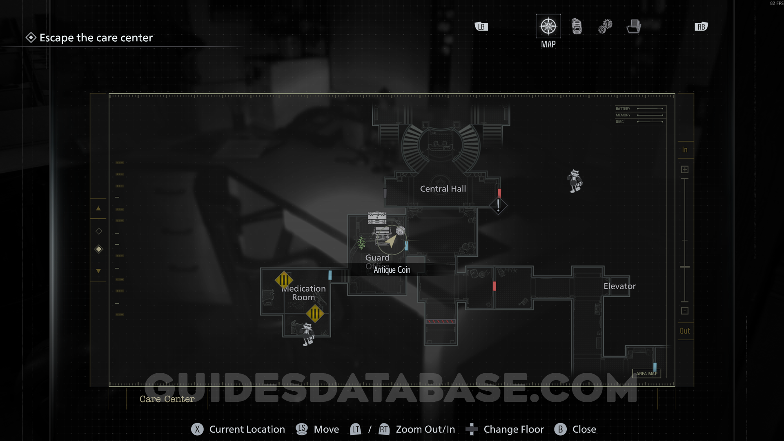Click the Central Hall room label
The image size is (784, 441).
point(443,189)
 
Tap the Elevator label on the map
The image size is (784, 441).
point(619,286)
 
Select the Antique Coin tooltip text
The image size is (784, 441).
point(392,270)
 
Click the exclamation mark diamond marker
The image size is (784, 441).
point(498,205)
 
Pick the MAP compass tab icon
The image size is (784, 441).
point(548,27)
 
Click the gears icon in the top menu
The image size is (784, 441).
point(605,27)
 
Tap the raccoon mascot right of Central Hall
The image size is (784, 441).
point(575,181)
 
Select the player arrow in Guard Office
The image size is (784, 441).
point(391,241)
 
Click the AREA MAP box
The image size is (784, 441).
point(647,373)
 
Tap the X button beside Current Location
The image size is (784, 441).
point(197,429)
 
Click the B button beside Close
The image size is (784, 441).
point(560,429)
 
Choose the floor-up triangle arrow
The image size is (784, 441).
point(98,209)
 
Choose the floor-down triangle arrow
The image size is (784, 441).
point(98,271)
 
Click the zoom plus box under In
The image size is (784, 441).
point(685,169)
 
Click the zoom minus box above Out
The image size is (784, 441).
point(685,311)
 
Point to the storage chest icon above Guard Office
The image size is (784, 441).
point(377,218)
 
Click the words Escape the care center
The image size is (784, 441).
point(96,38)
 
